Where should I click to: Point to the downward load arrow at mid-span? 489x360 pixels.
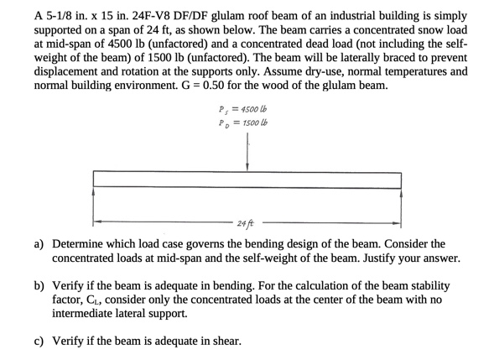click(x=247, y=154)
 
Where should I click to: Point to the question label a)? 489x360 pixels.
click(x=39, y=244)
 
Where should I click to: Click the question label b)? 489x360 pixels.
click(x=39, y=286)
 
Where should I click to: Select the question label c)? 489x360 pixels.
click(x=39, y=342)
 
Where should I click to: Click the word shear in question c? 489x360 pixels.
click(x=225, y=342)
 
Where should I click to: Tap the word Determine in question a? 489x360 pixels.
click(x=80, y=244)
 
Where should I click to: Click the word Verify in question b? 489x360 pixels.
click(x=68, y=286)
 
